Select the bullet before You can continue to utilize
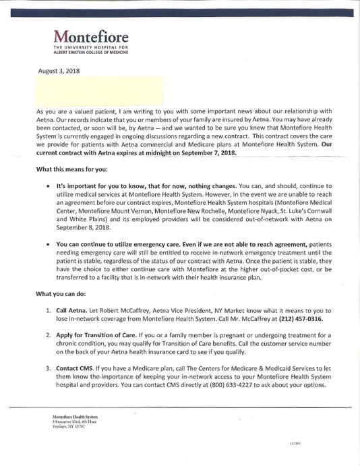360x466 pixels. coord(47,247)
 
